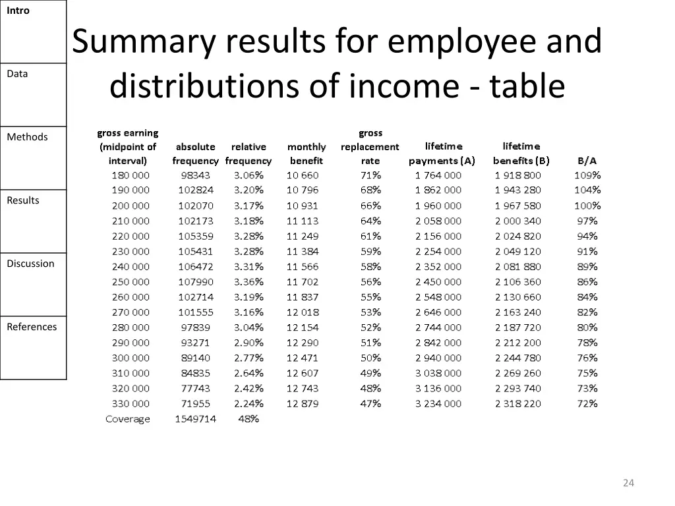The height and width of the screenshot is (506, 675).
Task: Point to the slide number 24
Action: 628,483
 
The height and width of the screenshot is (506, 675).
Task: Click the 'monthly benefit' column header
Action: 307,154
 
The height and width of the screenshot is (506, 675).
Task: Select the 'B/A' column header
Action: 587,160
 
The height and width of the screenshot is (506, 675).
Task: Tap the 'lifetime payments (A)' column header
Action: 442,154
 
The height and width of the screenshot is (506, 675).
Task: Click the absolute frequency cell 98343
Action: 196,175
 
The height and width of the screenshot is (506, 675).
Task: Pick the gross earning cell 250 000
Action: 131,282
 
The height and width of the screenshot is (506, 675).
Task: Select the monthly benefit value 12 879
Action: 303,404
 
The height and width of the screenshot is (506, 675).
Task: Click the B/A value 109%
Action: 587,175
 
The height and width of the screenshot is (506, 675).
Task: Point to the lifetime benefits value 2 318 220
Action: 518,404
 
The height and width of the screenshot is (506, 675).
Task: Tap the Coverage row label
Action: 128,419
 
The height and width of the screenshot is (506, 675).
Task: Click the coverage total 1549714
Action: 195,419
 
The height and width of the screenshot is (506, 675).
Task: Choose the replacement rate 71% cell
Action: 370,175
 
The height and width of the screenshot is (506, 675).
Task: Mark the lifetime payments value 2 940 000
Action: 438,358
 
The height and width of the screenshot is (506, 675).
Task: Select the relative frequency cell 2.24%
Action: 249,404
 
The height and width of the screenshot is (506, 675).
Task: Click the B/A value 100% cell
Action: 587,206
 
